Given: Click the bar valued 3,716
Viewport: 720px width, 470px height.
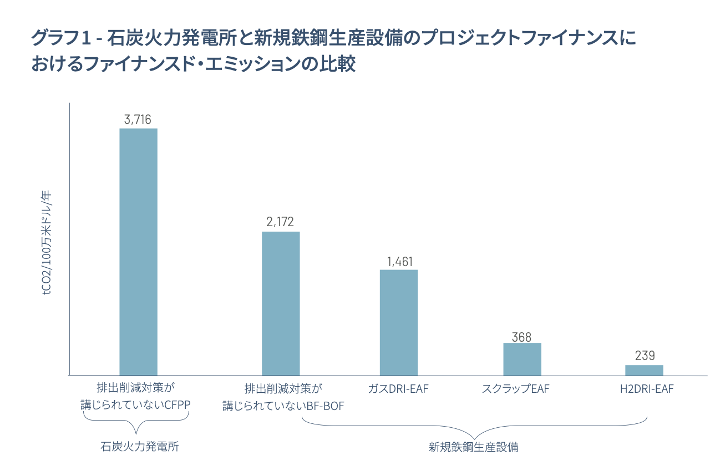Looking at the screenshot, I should click(x=138, y=252).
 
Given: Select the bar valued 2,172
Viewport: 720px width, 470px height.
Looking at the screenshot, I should click(x=281, y=303).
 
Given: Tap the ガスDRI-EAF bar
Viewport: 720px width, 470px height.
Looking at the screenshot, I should click(x=398, y=322).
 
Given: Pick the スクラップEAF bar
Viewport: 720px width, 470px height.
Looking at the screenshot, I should click(x=522, y=359).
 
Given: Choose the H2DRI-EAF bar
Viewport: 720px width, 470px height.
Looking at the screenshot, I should click(x=644, y=370).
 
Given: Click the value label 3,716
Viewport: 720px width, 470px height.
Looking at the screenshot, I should click(x=138, y=119).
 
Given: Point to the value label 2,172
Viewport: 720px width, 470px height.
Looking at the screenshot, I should click(x=281, y=222).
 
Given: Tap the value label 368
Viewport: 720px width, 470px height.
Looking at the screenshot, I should click(x=521, y=337).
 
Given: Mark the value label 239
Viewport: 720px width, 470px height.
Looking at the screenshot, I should click(x=645, y=356).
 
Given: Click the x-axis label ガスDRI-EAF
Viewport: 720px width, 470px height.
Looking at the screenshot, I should click(x=398, y=388).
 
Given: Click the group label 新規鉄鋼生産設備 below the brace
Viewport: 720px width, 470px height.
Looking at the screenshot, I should click(x=473, y=446).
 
